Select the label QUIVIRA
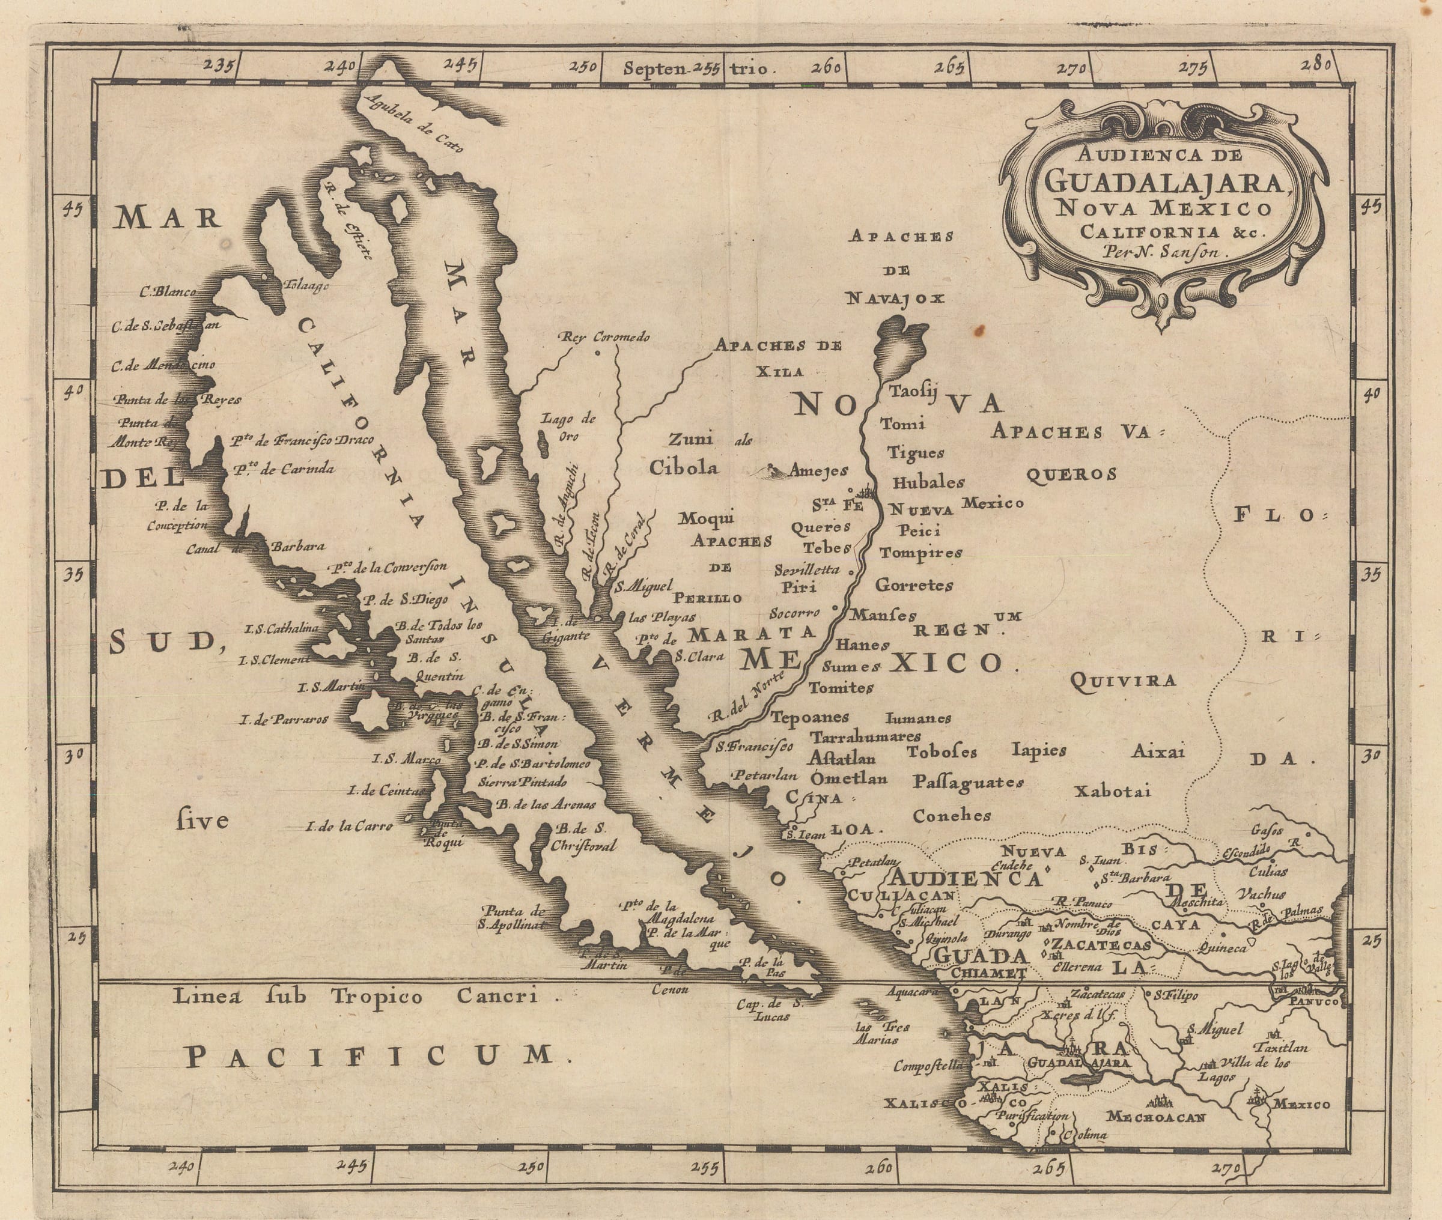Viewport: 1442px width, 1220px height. pyautogui.click(x=1122, y=681)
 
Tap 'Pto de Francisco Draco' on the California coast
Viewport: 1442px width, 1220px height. pyautogui.click(x=302, y=440)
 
